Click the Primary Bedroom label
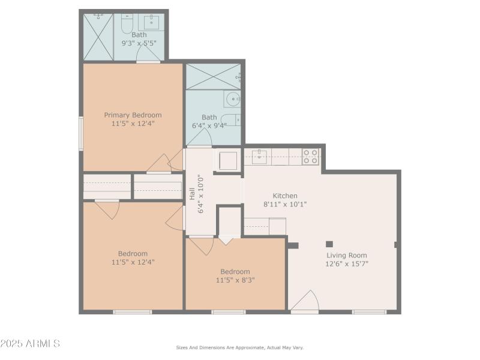tap(133, 115)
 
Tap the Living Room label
tap(347, 256)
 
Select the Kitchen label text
tap(285, 196)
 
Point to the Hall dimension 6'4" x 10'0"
tap(201, 194)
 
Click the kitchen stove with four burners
tap(310, 157)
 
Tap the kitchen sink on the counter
tap(259, 157)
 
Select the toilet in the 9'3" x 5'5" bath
tap(127, 23)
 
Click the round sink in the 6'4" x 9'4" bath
tap(233, 99)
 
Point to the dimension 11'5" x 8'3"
tap(235, 280)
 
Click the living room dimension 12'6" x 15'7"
tap(347, 264)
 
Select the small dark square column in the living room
tap(329, 244)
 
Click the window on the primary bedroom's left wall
tap(81, 133)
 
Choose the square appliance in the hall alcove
tap(228, 161)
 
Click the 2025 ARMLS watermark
tap(30, 343)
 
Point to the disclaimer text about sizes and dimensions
tap(239, 347)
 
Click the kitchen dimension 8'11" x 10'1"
tap(285, 204)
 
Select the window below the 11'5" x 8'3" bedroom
tap(229, 312)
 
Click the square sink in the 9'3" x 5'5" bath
tap(151, 22)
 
